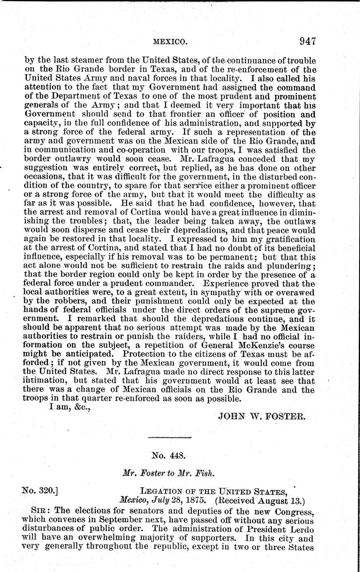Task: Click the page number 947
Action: point(307,41)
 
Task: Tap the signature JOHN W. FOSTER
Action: point(262,416)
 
